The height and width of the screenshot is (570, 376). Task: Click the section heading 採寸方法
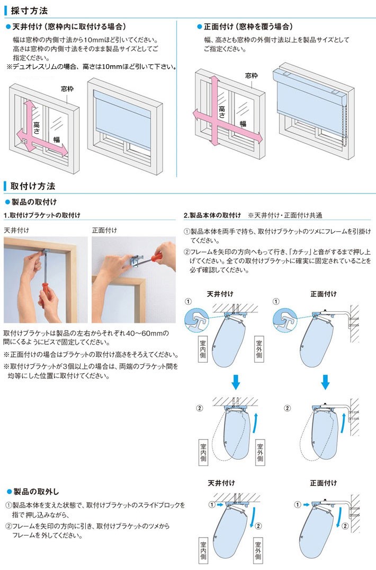(29, 10)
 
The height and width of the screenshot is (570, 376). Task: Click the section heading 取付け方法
(32, 186)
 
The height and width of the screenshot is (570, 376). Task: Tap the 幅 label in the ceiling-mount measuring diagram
(56, 139)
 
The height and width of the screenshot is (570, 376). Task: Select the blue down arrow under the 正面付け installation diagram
(326, 381)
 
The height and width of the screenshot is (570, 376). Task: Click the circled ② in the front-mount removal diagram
(345, 526)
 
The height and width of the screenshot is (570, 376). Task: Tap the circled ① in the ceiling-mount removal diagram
(212, 504)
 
